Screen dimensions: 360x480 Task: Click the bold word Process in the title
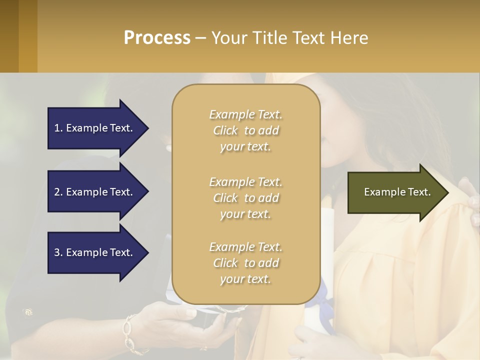click(x=157, y=37)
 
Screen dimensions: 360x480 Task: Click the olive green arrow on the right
click(x=395, y=192)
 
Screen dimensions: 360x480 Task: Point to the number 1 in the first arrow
click(x=57, y=128)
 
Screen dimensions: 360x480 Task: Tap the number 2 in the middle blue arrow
click(x=57, y=192)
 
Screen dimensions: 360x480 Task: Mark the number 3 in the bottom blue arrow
click(x=57, y=252)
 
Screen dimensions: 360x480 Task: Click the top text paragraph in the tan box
click(x=245, y=130)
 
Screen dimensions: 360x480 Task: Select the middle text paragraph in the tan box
click(x=245, y=198)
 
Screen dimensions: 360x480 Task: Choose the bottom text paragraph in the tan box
click(x=245, y=263)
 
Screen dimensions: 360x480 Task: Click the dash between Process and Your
click(x=201, y=38)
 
